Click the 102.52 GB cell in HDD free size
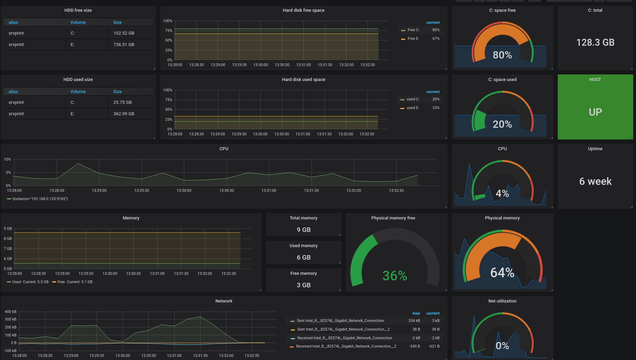click(x=124, y=33)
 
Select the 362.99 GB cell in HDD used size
click(x=124, y=114)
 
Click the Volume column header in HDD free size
click(x=78, y=22)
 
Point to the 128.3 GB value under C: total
click(x=595, y=43)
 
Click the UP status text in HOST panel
click(x=595, y=112)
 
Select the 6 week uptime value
click(x=595, y=181)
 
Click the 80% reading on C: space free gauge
click(x=502, y=55)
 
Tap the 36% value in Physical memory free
click(x=395, y=276)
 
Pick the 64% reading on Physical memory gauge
click(x=502, y=273)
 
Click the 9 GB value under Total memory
click(x=303, y=230)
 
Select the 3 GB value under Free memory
click(x=303, y=285)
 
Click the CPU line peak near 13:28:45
click(x=78, y=163)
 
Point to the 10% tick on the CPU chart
click(x=7, y=159)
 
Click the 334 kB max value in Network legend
click(x=414, y=321)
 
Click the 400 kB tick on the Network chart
click(x=10, y=312)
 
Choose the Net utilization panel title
click(x=502, y=301)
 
